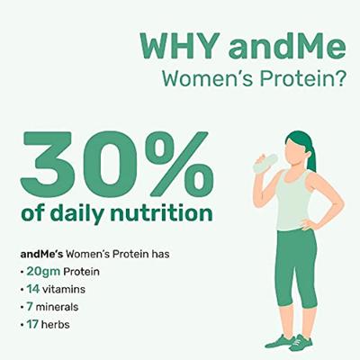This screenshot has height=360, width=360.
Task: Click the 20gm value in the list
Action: [x=37, y=271]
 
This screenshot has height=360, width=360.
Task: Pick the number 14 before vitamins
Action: [x=31, y=288]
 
